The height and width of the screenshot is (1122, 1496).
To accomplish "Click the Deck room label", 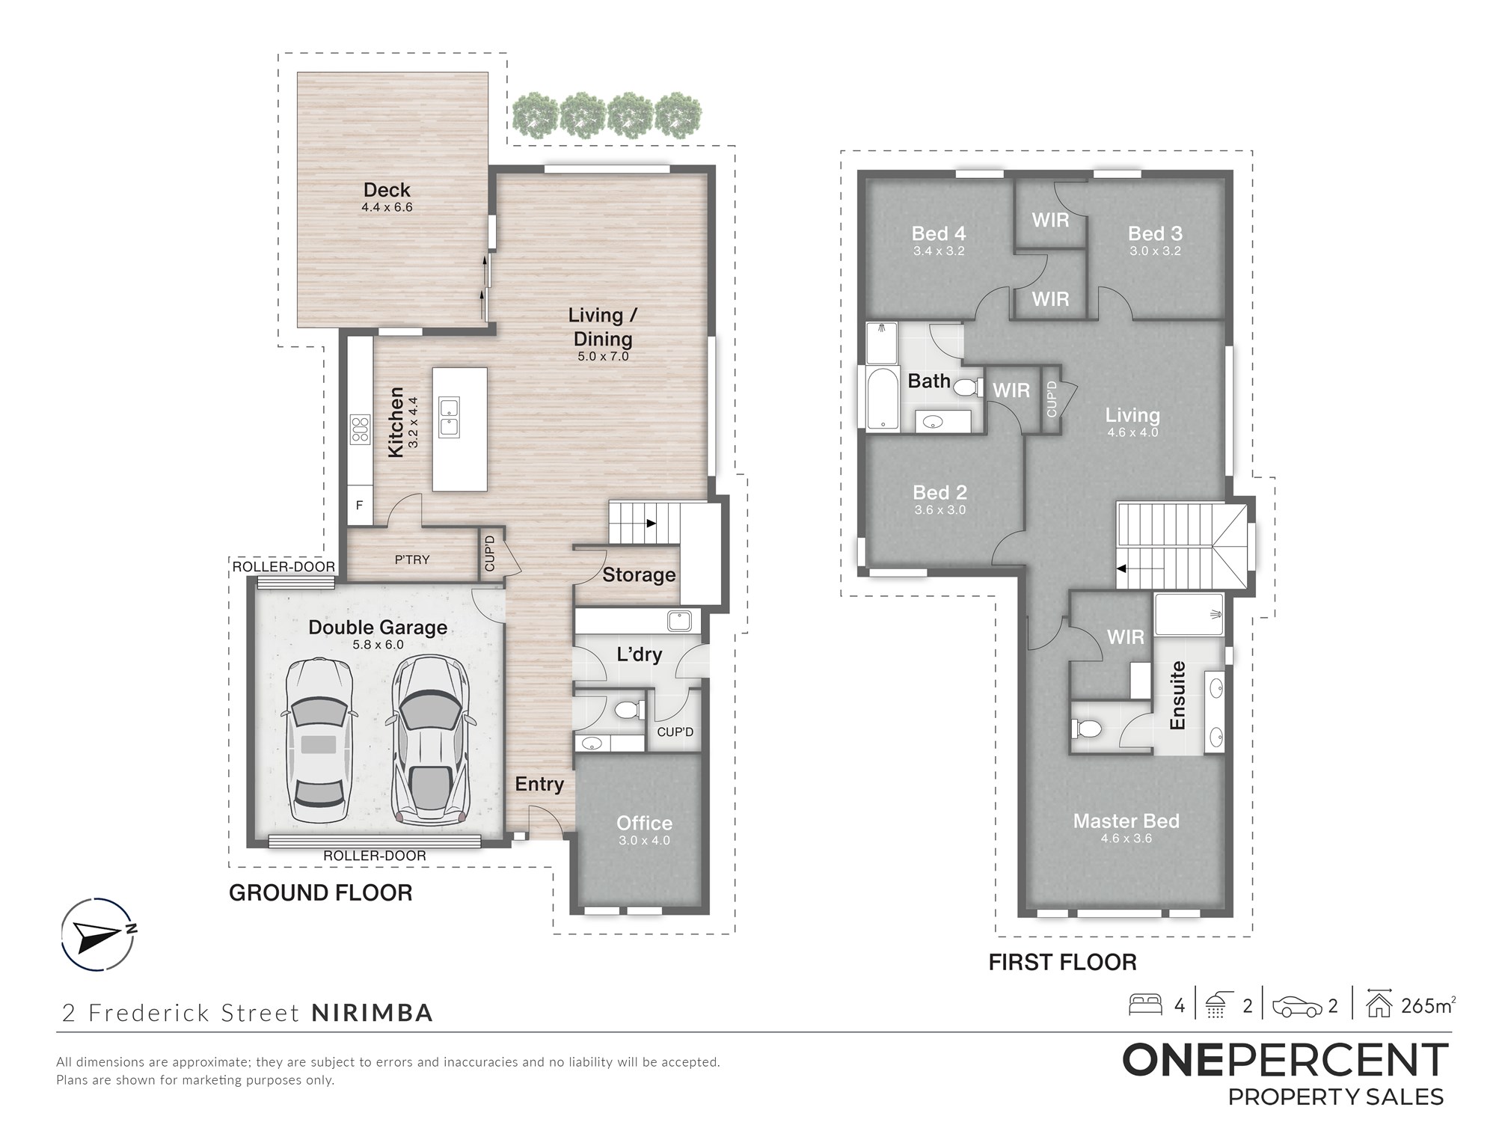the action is (x=387, y=190).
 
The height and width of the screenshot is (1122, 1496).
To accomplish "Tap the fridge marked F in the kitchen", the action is (x=360, y=505).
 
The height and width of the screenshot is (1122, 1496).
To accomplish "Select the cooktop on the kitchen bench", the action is (x=361, y=429).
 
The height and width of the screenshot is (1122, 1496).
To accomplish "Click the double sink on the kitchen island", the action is (x=449, y=417).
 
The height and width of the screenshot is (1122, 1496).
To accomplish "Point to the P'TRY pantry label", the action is (x=412, y=560).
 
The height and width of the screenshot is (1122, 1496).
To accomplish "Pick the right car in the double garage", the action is (x=431, y=741).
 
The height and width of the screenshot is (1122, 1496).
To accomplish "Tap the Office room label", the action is (x=644, y=823).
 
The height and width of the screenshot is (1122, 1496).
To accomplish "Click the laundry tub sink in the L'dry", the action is (x=679, y=621).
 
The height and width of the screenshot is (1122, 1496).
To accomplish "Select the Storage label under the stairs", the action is (x=639, y=574).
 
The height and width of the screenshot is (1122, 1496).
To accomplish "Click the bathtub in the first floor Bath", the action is (x=883, y=398).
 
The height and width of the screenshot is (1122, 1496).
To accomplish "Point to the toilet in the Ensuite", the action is (x=1087, y=728).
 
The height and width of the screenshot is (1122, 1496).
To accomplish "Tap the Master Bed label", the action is (x=1126, y=821).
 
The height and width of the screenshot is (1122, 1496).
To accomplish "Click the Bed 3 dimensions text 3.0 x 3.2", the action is (x=1155, y=251).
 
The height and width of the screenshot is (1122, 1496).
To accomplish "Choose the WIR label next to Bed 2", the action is (x=1011, y=390).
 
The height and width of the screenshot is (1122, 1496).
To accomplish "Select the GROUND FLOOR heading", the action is (x=320, y=892).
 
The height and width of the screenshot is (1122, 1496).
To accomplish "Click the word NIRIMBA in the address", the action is (x=372, y=1013).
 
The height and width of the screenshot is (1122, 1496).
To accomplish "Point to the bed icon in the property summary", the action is (x=1144, y=1005).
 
